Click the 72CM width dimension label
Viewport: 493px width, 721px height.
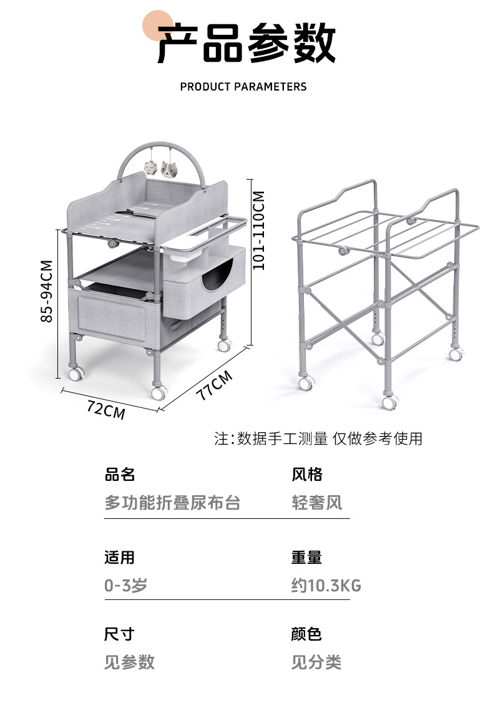[x=106, y=410]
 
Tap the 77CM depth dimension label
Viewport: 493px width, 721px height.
[x=214, y=385]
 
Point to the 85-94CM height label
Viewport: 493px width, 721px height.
[x=46, y=291]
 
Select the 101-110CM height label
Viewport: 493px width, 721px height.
[x=258, y=230]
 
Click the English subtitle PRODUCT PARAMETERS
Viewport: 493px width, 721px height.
[x=243, y=87]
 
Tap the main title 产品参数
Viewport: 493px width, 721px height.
[x=246, y=44]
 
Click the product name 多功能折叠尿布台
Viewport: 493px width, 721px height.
[x=172, y=503]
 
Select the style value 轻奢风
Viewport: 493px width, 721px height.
[x=317, y=503]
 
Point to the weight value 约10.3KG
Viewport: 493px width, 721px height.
[x=326, y=586]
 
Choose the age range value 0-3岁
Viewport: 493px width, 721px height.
[x=125, y=586]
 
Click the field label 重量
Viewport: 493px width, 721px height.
[x=306, y=557]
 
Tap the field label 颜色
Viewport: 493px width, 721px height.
[x=306, y=634]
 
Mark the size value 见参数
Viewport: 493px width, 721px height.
[x=129, y=662]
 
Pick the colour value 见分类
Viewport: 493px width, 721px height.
[x=316, y=662]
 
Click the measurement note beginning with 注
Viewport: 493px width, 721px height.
[x=318, y=438]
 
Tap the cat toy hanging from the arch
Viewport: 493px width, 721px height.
[x=168, y=168]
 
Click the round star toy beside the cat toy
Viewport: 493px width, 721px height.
[x=150, y=167]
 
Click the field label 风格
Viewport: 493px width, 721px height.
[x=307, y=475]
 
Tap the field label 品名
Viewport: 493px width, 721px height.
[x=120, y=475]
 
